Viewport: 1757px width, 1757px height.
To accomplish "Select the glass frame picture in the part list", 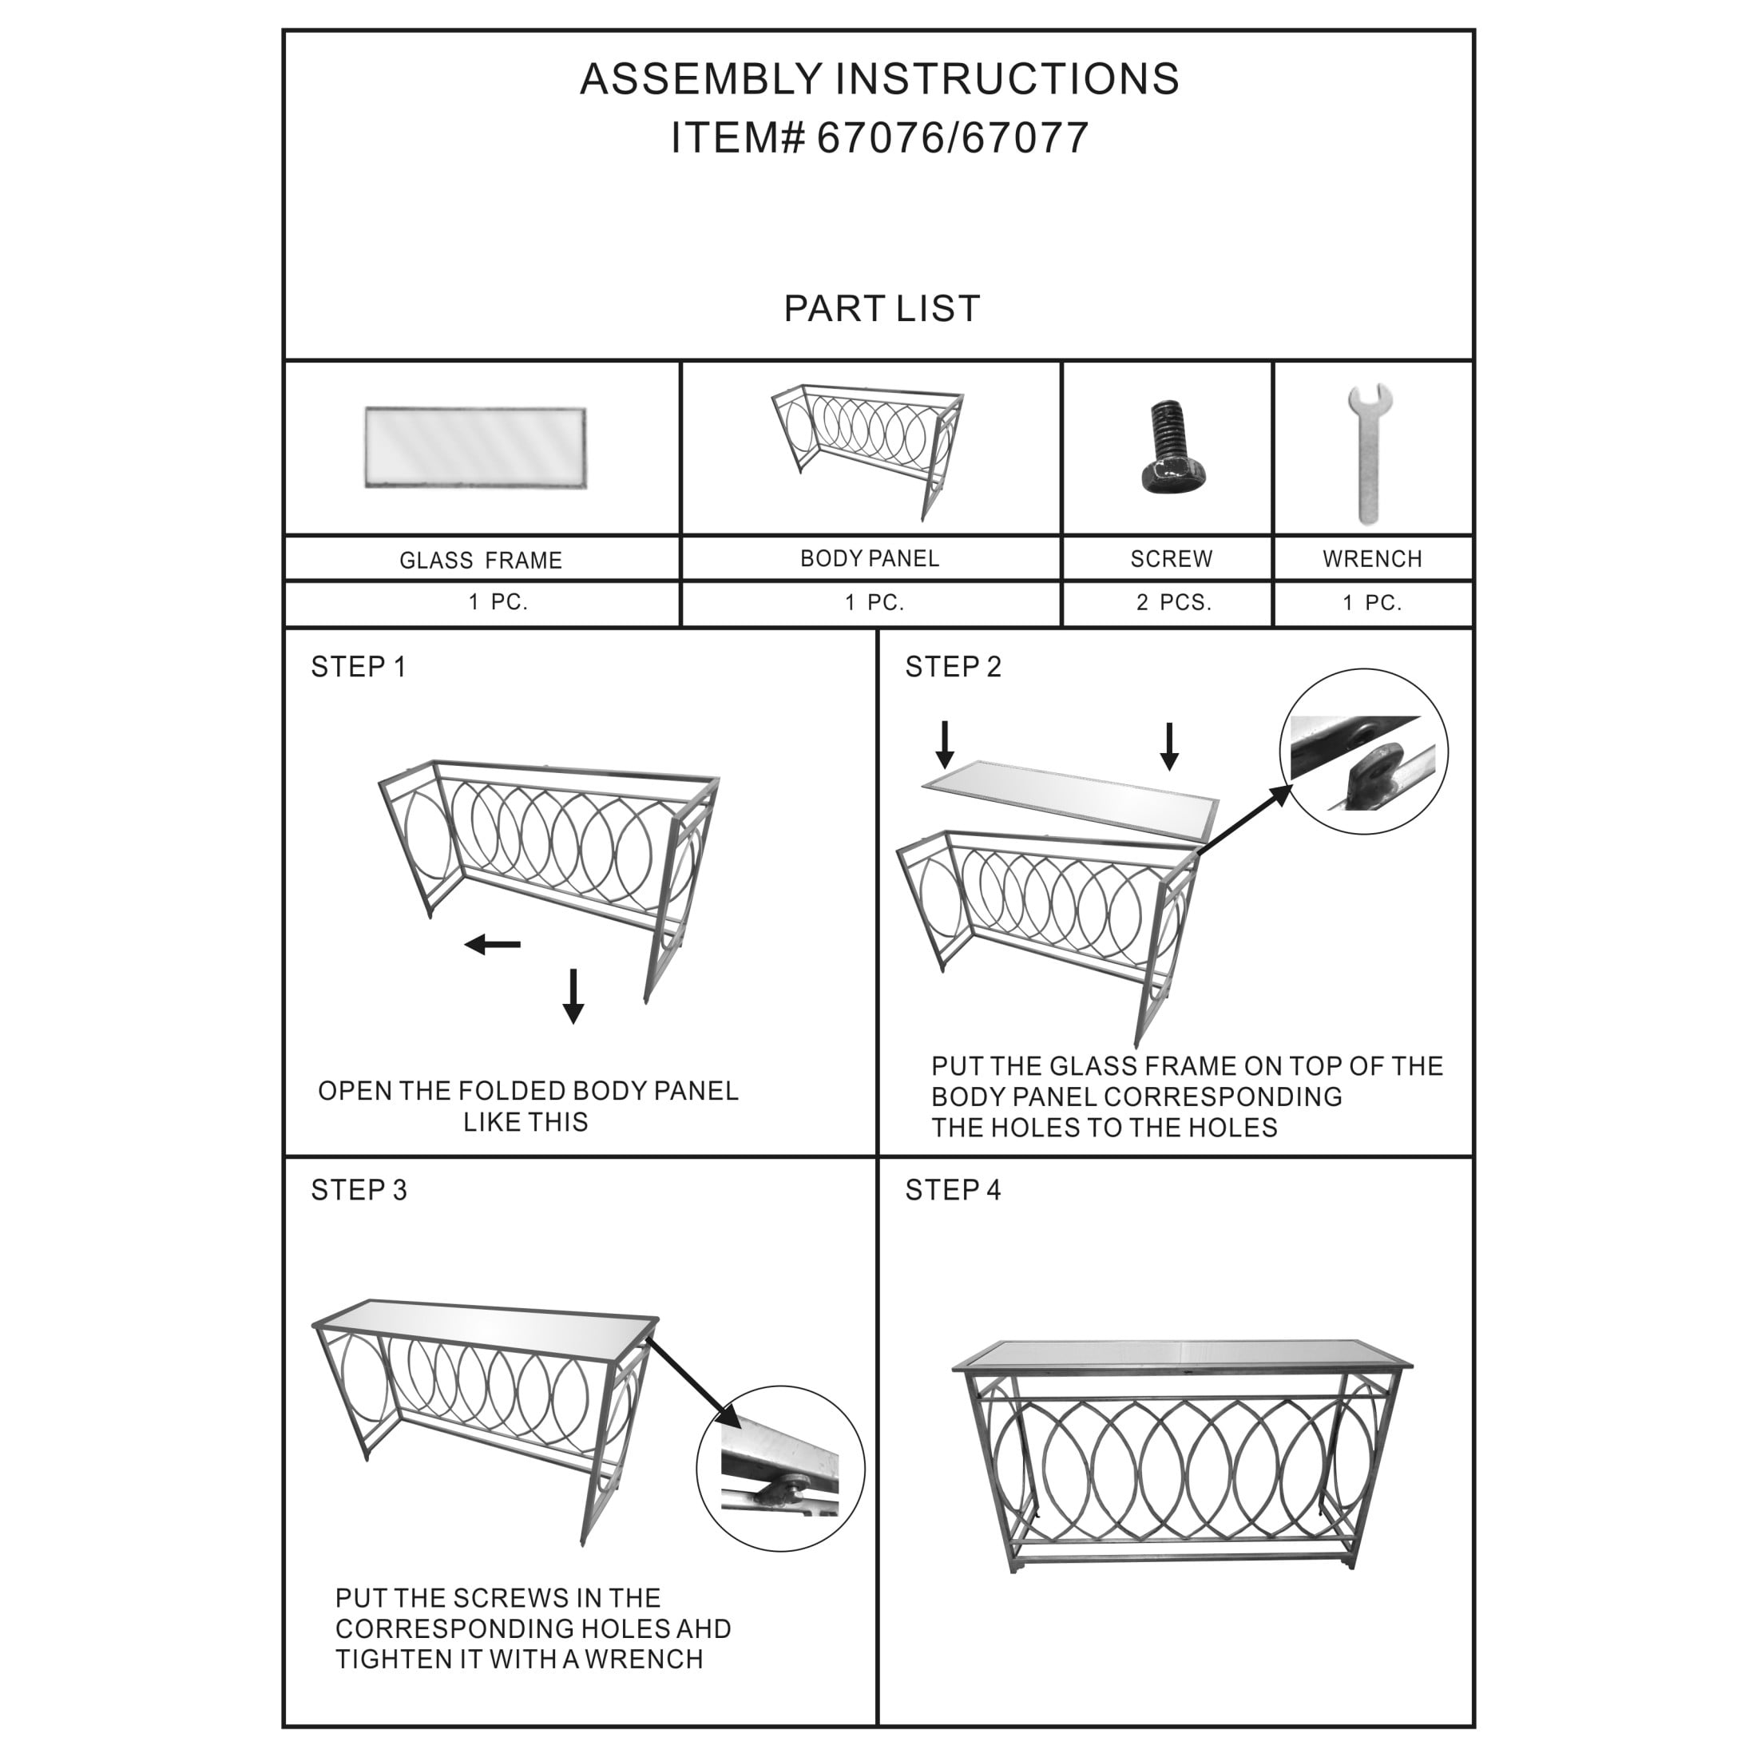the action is [x=476, y=447].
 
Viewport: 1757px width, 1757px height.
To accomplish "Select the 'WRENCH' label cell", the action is [x=1372, y=558].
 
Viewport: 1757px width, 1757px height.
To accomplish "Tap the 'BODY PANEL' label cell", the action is [x=871, y=558].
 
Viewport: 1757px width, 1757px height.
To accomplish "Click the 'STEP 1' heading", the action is [x=359, y=667].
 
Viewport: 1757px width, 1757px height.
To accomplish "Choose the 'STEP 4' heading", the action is [x=952, y=1189].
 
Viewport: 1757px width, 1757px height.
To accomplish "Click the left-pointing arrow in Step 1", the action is [x=492, y=944].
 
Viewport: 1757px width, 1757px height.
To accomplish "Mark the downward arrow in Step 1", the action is [x=573, y=996].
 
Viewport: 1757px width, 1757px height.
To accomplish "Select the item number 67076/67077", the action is [x=952, y=138].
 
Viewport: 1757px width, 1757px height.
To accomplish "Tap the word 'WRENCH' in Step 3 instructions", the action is [x=644, y=1659].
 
